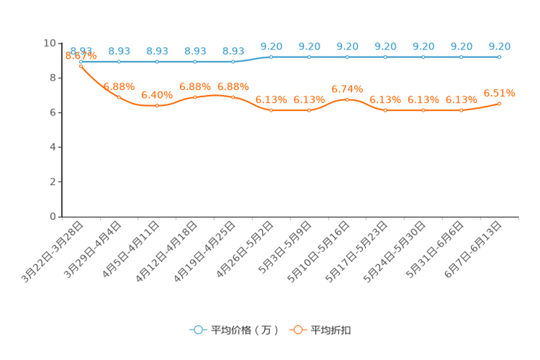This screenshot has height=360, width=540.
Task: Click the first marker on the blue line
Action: pyautogui.click(x=81, y=62)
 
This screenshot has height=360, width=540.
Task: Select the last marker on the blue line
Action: pyautogui.click(x=499, y=57)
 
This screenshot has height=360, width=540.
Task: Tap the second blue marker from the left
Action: pyautogui.click(x=119, y=62)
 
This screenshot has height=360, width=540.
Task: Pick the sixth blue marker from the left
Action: pyautogui.click(x=271, y=57)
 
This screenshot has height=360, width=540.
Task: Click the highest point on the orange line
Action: pyautogui.click(x=81, y=67)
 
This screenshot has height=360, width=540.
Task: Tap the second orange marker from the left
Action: pyautogui.click(x=119, y=97)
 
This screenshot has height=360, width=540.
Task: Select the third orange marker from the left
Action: pyautogui.click(x=157, y=106)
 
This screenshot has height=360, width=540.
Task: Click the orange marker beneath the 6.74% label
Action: pyautogui.click(x=347, y=99)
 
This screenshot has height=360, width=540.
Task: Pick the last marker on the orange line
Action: pyautogui.click(x=499, y=104)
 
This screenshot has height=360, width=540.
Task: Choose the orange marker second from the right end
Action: pyautogui.click(x=461, y=110)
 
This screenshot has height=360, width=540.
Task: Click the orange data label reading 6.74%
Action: pyautogui.click(x=347, y=89)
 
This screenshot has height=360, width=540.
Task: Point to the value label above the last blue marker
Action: pyautogui.click(x=499, y=46)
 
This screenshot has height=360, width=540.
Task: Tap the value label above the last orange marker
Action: pyautogui.click(x=499, y=94)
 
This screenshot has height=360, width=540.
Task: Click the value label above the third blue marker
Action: pyautogui.click(x=157, y=51)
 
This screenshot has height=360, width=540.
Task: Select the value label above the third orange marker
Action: pyautogui.click(x=157, y=96)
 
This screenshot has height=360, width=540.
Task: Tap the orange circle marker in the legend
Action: pyautogui.click(x=298, y=330)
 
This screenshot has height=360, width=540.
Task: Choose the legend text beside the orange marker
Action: pyautogui.click(x=332, y=330)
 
